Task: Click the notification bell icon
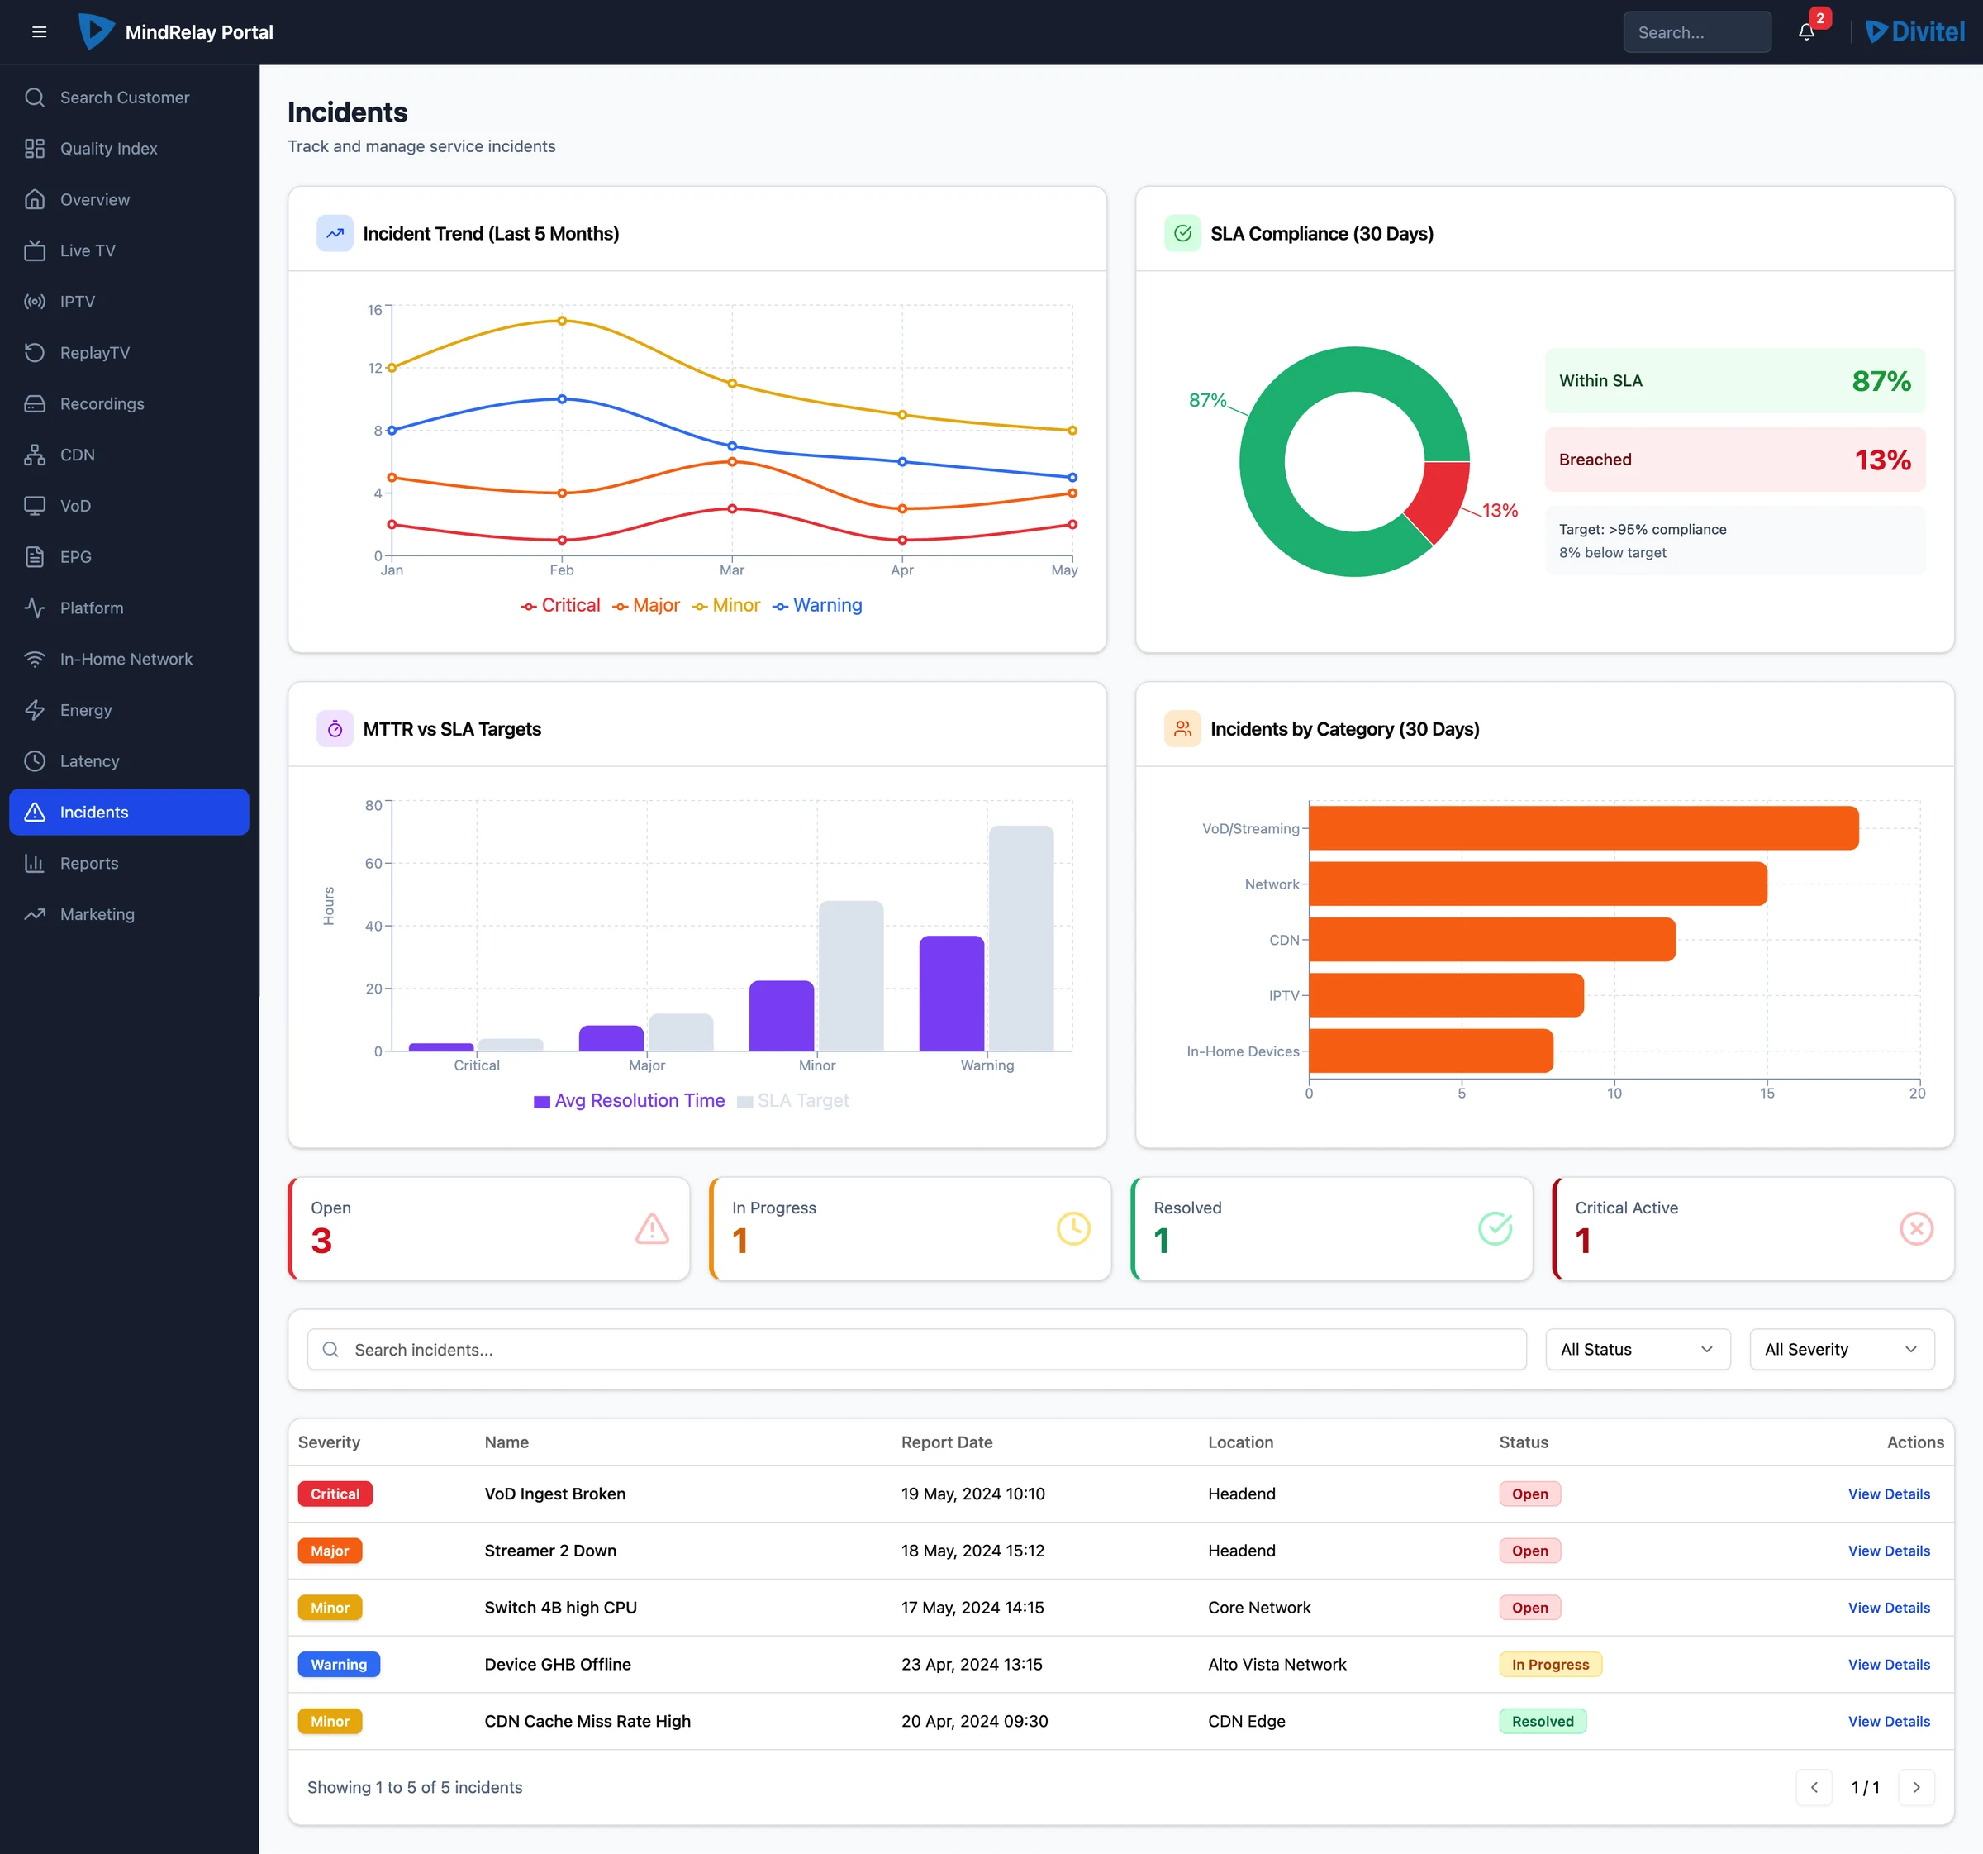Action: (1805, 32)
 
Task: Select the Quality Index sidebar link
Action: (107, 149)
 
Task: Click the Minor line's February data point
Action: (562, 321)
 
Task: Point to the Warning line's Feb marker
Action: (562, 399)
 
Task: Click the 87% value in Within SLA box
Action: (1881, 381)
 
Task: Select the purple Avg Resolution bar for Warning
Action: (952, 993)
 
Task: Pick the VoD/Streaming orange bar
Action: (1583, 828)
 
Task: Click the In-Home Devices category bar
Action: (1430, 1051)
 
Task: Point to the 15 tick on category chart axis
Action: (1767, 1093)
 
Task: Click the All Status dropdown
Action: (1638, 1349)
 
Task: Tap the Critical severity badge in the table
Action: (335, 1494)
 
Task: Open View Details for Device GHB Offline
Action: (1888, 1665)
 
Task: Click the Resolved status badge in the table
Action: (1542, 1721)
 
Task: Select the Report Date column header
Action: (947, 1442)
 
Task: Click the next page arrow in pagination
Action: (1916, 1787)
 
